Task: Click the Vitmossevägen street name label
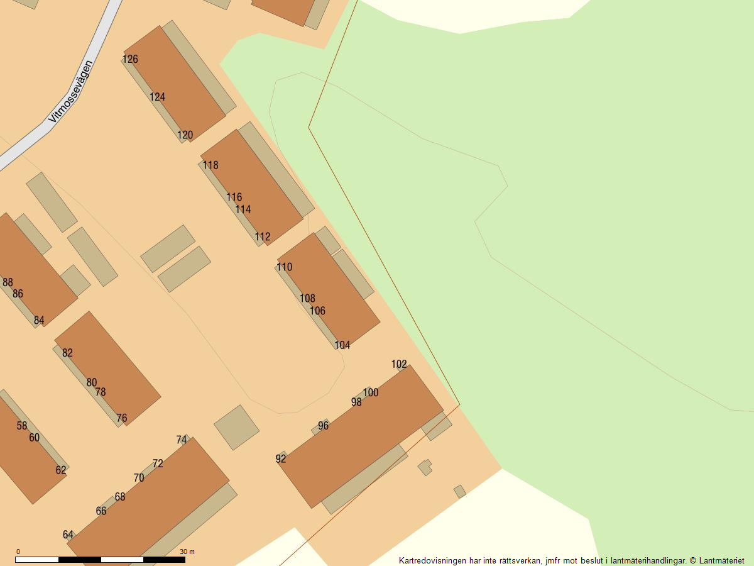[71, 91]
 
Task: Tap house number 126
[130, 59]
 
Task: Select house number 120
[185, 135]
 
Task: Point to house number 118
[210, 165]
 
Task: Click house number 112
[263, 236]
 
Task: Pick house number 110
[285, 267]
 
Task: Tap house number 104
[342, 345]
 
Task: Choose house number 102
[399, 364]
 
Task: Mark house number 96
[323, 426]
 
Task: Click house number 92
[281, 458]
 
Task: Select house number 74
[182, 440]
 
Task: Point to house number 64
[68, 535]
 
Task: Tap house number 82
[67, 353]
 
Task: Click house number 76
[122, 418]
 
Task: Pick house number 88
[8, 282]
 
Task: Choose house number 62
[61, 470]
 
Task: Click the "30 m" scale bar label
[187, 552]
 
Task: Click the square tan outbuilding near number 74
[236, 427]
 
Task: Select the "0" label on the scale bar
[18, 552]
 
